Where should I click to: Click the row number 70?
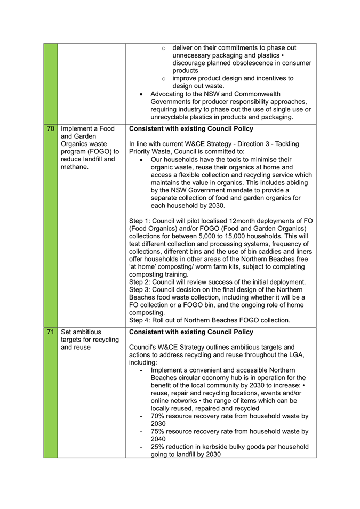[x=51, y=128]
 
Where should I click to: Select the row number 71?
[x=51, y=332]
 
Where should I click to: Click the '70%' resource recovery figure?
[x=159, y=416]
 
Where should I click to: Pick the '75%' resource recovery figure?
[x=159, y=431]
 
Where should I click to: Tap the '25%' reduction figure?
[x=159, y=447]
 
